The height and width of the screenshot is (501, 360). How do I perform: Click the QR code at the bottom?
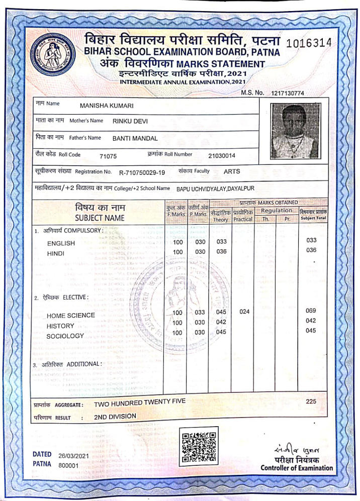(199, 446)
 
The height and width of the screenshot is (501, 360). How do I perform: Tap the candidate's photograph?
(294, 131)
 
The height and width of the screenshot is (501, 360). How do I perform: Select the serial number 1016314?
(308, 43)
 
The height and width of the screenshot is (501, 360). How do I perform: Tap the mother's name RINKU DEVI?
(130, 121)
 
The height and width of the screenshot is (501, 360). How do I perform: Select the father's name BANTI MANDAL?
(135, 138)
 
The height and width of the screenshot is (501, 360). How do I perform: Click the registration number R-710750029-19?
(142, 172)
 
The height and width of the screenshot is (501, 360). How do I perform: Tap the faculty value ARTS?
(232, 171)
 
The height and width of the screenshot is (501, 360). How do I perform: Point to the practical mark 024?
(244, 312)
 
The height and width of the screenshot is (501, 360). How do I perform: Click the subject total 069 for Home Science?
(311, 311)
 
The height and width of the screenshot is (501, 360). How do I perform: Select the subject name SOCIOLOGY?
(65, 336)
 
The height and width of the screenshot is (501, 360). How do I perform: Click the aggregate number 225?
(311, 402)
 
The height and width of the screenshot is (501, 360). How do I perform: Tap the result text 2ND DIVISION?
(115, 417)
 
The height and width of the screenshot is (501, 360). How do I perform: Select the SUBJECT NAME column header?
(100, 218)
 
